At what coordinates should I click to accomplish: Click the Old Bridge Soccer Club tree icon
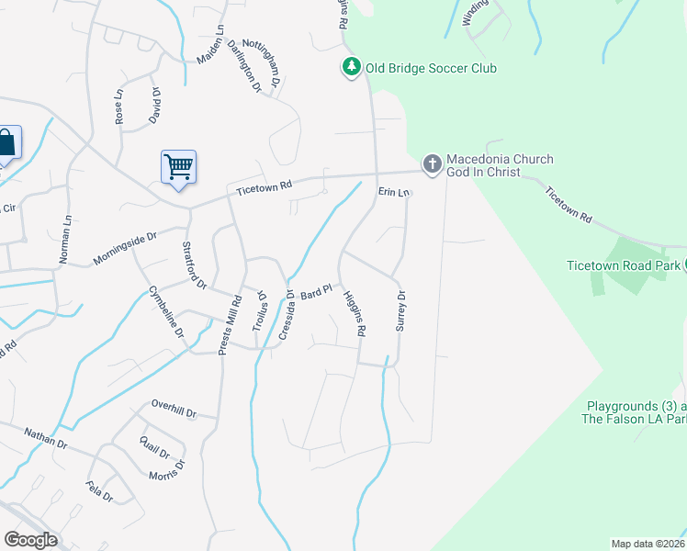pos(351,68)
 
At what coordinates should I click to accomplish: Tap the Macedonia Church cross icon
pos(432,164)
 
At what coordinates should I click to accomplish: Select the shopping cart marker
pos(177,167)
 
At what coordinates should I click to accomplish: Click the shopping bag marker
pos(6,143)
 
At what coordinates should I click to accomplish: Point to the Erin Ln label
pos(392,192)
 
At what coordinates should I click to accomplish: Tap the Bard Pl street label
pos(315,293)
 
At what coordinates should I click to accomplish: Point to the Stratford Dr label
pos(194,264)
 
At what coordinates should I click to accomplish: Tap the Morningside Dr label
pos(126,249)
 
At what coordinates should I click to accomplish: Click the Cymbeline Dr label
pos(166,311)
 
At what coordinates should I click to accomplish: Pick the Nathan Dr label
pos(46,437)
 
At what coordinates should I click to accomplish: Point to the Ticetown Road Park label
pos(622,264)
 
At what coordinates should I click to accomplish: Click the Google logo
pos(29,540)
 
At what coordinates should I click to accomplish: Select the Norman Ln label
pos(65,240)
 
